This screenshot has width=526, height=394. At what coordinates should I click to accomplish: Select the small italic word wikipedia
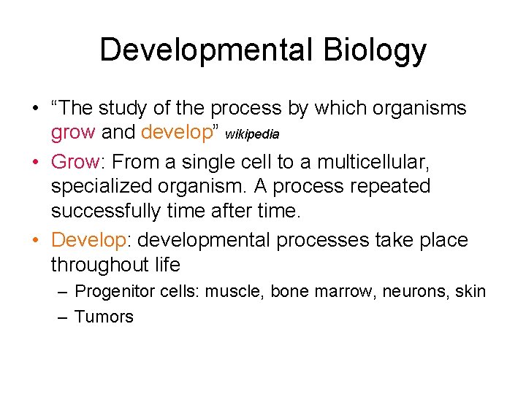coord(252,135)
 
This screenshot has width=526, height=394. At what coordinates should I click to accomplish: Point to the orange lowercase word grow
coord(73,133)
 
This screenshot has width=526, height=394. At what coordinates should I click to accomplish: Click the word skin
coord(470,292)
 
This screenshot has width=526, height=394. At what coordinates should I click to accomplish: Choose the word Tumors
coord(104,317)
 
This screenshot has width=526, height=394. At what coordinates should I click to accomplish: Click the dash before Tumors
coord(61,317)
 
